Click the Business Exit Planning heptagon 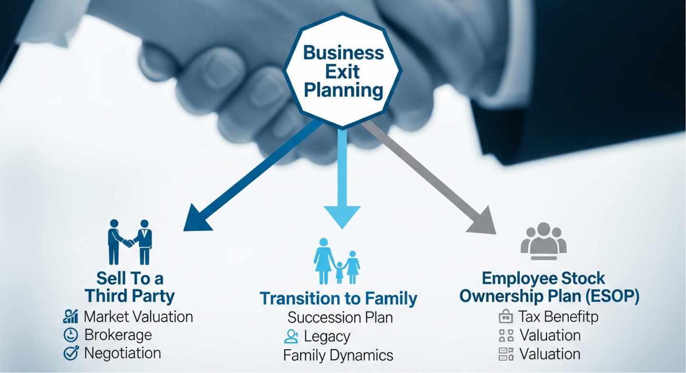pyautogui.click(x=343, y=71)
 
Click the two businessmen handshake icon pyautogui.click(x=130, y=242)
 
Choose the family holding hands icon pyautogui.click(x=337, y=262)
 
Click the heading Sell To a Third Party pyautogui.click(x=130, y=287)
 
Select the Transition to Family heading pyautogui.click(x=338, y=299)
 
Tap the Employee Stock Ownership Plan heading pyautogui.click(x=549, y=287)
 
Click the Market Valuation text pyautogui.click(x=138, y=317)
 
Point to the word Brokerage pyautogui.click(x=118, y=335)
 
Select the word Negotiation pyautogui.click(x=122, y=353)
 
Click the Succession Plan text pyautogui.click(x=340, y=317)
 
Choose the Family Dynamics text pyautogui.click(x=338, y=355)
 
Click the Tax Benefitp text pyautogui.click(x=558, y=316)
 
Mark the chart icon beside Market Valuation pyautogui.click(x=71, y=317)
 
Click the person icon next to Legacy pyautogui.click(x=290, y=336)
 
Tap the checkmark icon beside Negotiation pyautogui.click(x=71, y=353)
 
